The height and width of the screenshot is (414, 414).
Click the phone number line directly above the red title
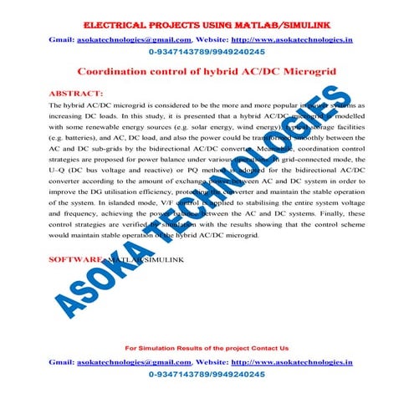(x=207, y=52)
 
